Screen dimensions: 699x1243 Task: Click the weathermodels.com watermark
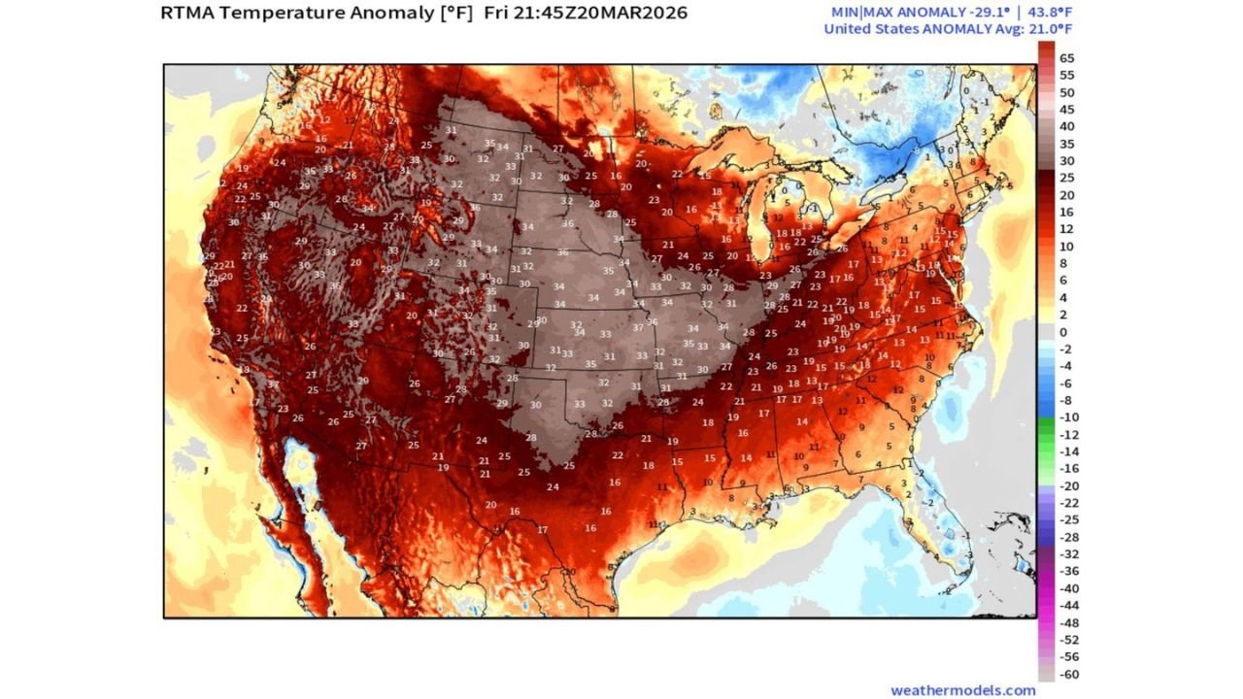(x=962, y=690)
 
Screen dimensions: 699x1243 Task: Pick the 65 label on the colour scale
(x=1066, y=57)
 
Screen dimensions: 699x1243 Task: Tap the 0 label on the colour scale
(x=1063, y=332)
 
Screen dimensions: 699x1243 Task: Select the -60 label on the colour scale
(x=1067, y=675)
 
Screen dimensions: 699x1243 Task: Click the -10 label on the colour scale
(x=1067, y=417)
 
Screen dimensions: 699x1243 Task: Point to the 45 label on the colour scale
(x=1066, y=109)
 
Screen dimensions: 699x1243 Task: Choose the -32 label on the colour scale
(x=1067, y=554)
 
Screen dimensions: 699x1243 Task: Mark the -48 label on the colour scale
(x=1067, y=623)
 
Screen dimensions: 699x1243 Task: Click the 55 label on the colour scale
(x=1066, y=75)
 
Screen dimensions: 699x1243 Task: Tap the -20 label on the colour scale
(x=1067, y=486)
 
